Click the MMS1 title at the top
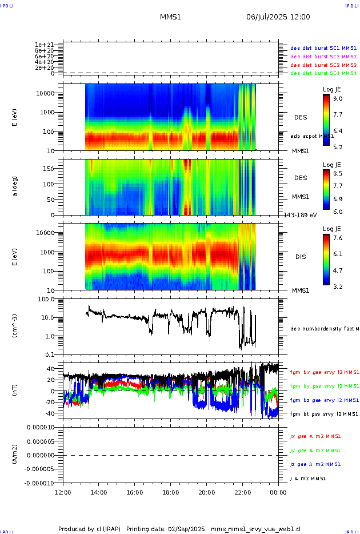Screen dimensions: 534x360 (x=170, y=17)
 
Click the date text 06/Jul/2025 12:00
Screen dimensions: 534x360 (x=278, y=17)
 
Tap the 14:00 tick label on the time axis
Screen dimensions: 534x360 (x=99, y=491)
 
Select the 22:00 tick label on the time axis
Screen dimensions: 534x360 (x=243, y=491)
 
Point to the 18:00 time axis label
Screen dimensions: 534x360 (x=171, y=491)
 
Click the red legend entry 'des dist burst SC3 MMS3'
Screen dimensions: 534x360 (x=323, y=65)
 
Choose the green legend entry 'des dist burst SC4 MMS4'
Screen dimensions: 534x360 (x=323, y=73)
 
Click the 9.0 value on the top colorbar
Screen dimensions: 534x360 (x=338, y=99)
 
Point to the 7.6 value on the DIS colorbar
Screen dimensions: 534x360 (x=338, y=238)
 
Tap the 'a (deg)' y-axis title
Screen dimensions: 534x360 (x=16, y=186)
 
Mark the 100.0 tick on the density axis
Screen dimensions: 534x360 (x=46, y=299)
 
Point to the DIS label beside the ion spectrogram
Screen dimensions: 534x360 (x=301, y=257)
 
